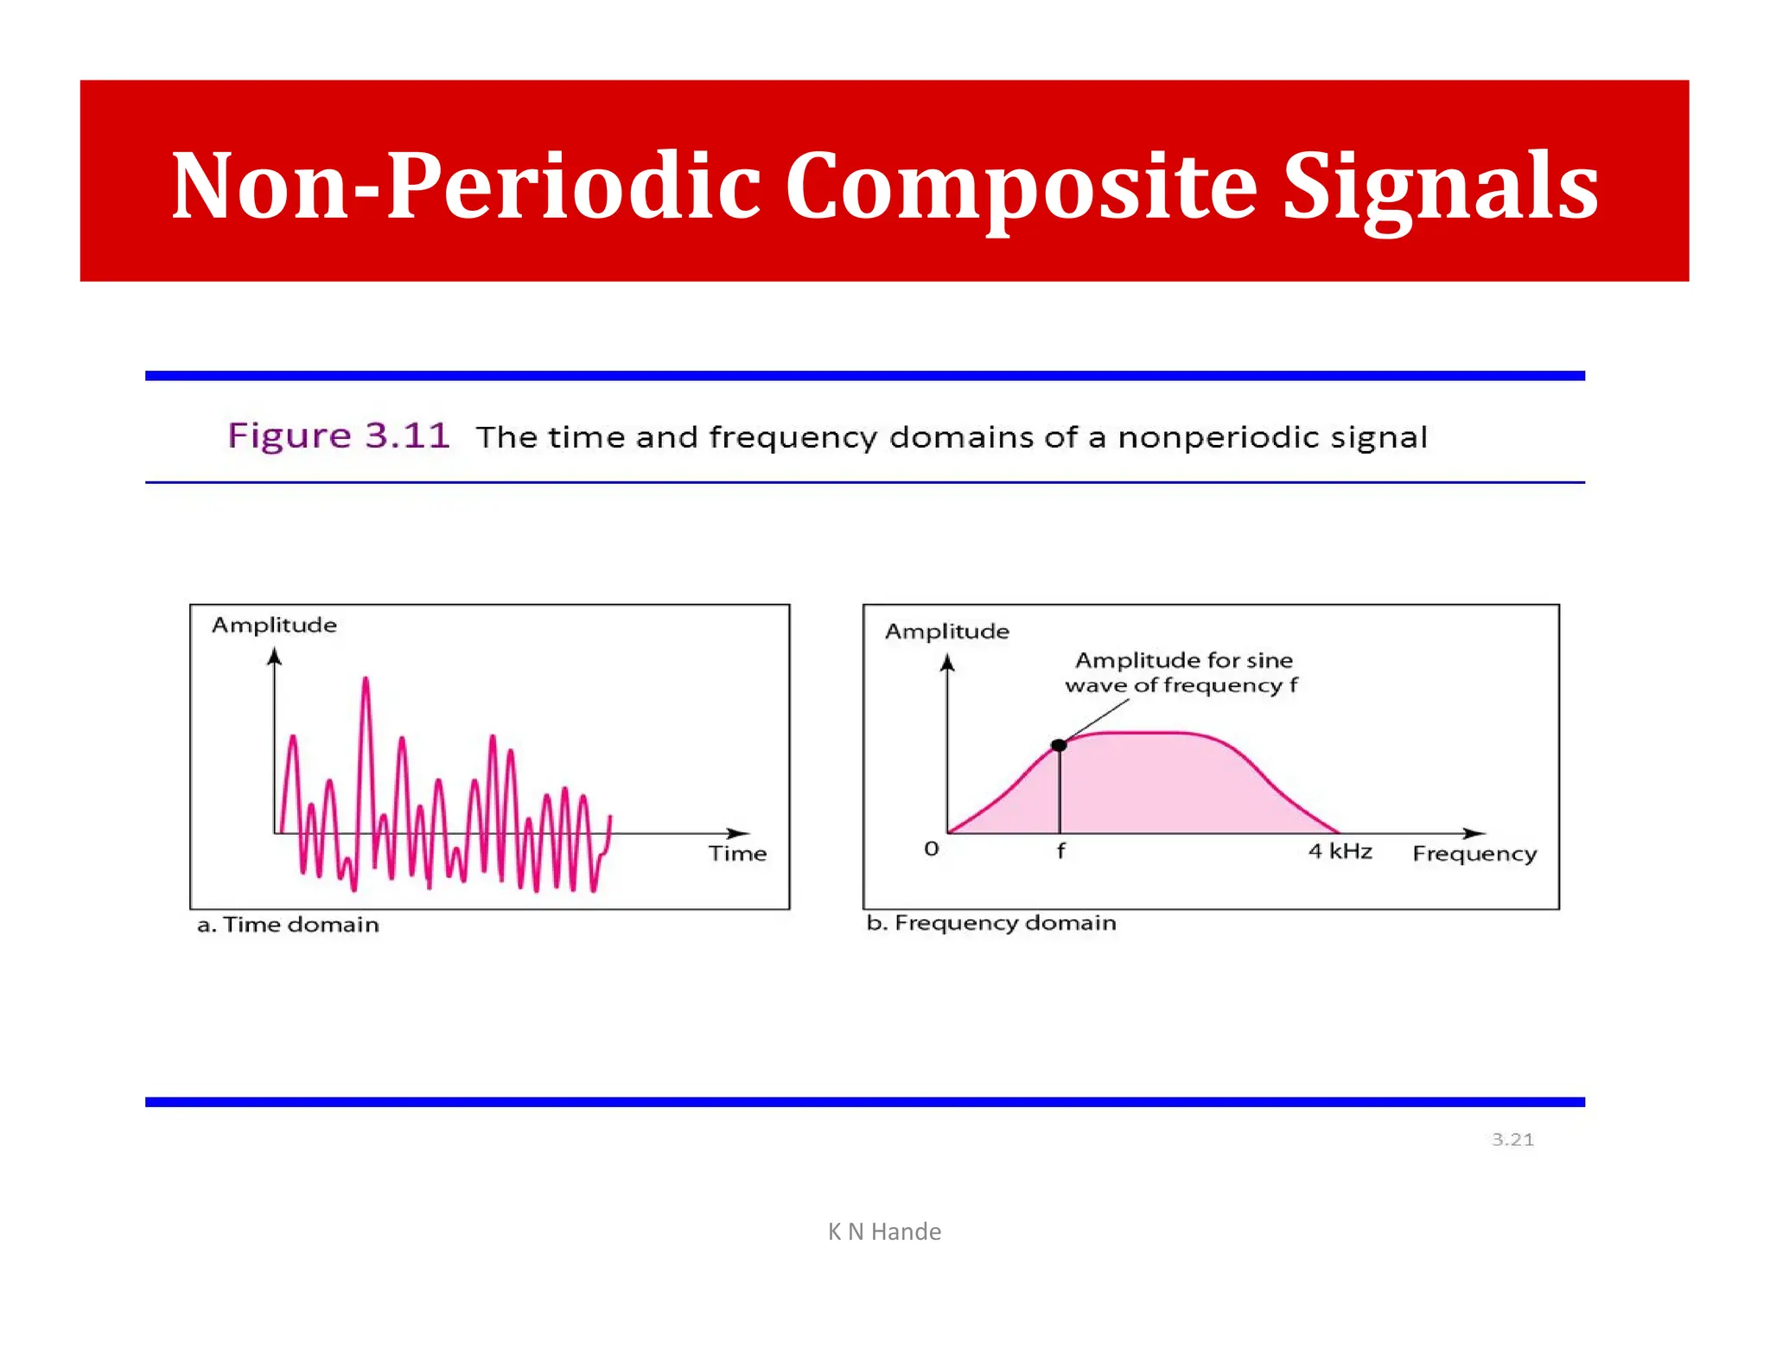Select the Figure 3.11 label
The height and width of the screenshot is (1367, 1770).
pyautogui.click(x=338, y=436)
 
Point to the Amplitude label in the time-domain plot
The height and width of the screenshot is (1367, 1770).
pyautogui.click(x=274, y=625)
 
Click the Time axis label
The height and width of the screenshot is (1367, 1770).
pyautogui.click(x=737, y=854)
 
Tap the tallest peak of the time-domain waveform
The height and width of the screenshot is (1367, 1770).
pyautogui.click(x=366, y=683)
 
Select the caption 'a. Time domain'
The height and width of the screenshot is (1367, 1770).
pyautogui.click(x=288, y=925)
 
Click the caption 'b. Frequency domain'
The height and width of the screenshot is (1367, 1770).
pyautogui.click(x=990, y=923)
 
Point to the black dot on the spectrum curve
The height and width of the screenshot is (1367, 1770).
pyautogui.click(x=1059, y=745)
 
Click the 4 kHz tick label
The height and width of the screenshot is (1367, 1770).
pyautogui.click(x=1340, y=852)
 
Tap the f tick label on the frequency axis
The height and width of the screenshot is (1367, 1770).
pyautogui.click(x=1060, y=851)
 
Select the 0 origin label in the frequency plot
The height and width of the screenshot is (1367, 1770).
pyautogui.click(x=931, y=849)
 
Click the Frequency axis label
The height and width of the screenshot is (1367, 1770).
pyautogui.click(x=1474, y=854)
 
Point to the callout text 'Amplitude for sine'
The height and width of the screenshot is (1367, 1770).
pyautogui.click(x=1183, y=661)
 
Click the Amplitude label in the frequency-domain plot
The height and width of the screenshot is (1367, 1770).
pyautogui.click(x=946, y=632)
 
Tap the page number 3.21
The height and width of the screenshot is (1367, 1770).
pyautogui.click(x=1512, y=1140)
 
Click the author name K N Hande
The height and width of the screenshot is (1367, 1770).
pyautogui.click(x=884, y=1231)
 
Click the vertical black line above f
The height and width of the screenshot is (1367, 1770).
pyautogui.click(x=1059, y=791)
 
